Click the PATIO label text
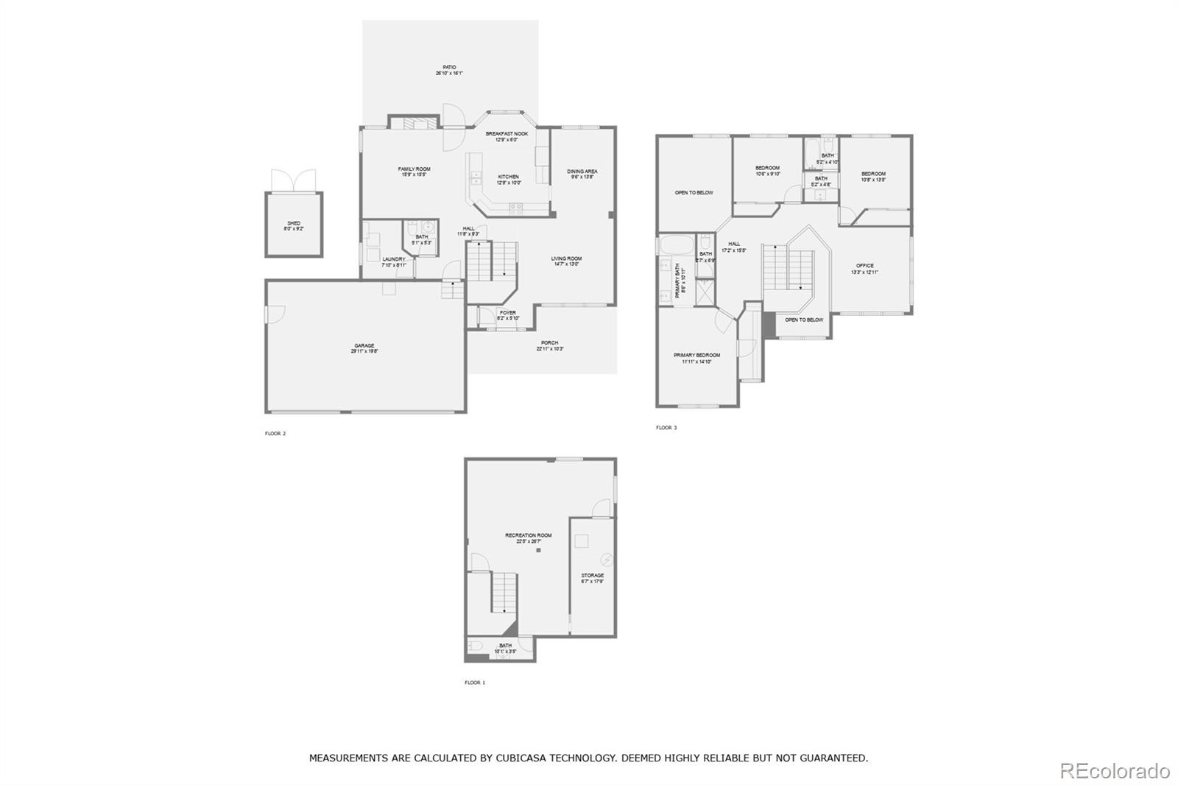pos(449,68)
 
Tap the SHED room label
pos(294,224)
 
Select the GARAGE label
pos(364,346)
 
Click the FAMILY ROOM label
pos(415,169)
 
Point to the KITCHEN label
pos(508,177)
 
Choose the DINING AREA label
pos(582,172)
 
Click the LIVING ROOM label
pos(566,259)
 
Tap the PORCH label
pos(549,343)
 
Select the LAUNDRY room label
pos(394,259)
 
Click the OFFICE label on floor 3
pos(864,266)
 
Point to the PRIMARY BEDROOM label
pos(696,356)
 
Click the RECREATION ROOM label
pos(528,536)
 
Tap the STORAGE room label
pos(592,576)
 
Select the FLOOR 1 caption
pos(475,683)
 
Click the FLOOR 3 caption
pos(666,428)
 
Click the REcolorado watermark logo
pos(1114,771)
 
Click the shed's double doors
pos(293,180)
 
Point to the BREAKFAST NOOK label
pos(507,134)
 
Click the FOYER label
pos(508,313)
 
